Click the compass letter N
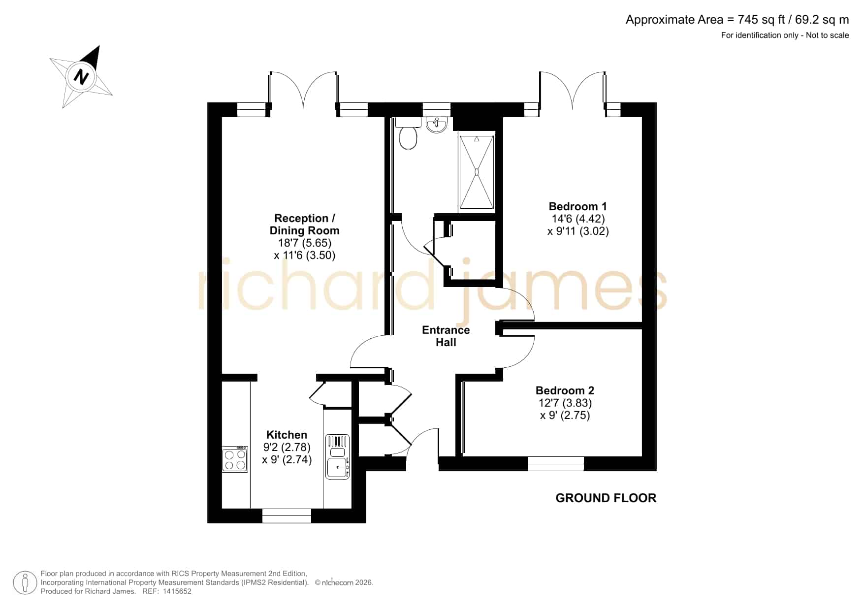tap(81, 77)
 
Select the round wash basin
tap(436, 125)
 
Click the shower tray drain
tap(477, 172)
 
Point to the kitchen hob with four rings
tap(235, 459)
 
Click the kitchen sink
tap(337, 456)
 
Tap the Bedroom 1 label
tap(578, 206)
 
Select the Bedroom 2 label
tap(565, 390)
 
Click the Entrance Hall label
tap(446, 336)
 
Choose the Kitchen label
tap(287, 435)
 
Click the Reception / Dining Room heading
tap(304, 225)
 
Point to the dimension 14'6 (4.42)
tap(578, 219)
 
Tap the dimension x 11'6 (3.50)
tap(304, 255)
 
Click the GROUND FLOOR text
tap(606, 498)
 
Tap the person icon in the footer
tap(25, 583)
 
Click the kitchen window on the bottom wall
tap(287, 515)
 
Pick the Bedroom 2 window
tap(556, 464)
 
